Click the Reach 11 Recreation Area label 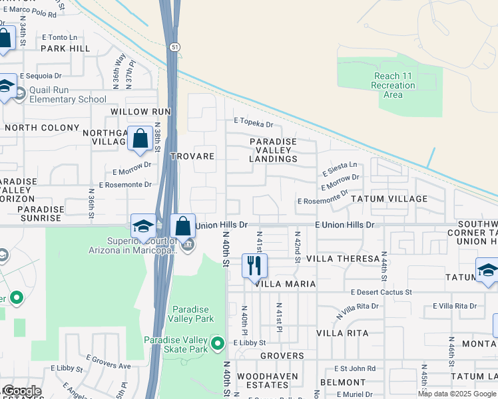click(393, 85)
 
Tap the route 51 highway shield click(174, 47)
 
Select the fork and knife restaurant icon click(254, 266)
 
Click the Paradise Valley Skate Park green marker click(217, 344)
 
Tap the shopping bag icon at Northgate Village click(140, 139)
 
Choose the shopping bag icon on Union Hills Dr click(183, 226)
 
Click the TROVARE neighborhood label click(192, 156)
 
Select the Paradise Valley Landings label click(273, 150)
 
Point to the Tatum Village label click(389, 199)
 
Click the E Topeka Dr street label click(253, 124)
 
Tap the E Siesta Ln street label click(340, 168)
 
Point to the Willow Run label click(141, 112)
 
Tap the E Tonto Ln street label click(59, 38)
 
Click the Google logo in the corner click(21, 391)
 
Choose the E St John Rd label click(355, 368)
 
